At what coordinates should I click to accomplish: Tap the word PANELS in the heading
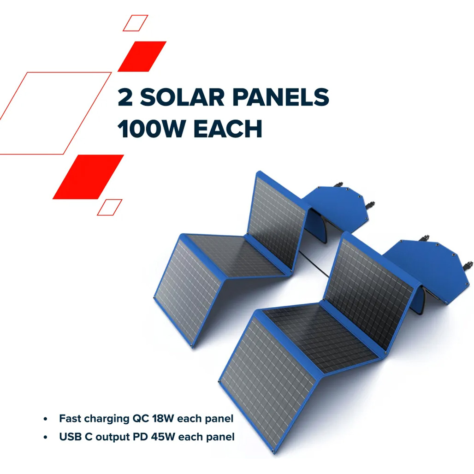281,97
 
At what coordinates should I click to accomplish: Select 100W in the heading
151,129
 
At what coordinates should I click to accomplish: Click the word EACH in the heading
228,129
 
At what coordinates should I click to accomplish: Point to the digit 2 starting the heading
125,97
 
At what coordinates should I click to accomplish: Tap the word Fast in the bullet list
70,418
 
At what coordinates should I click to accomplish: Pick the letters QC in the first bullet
141,418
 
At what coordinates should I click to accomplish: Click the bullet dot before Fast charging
46,419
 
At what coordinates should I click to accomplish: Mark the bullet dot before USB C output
46,438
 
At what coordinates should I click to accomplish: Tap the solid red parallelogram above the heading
142,57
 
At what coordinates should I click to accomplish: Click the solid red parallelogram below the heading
88,177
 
